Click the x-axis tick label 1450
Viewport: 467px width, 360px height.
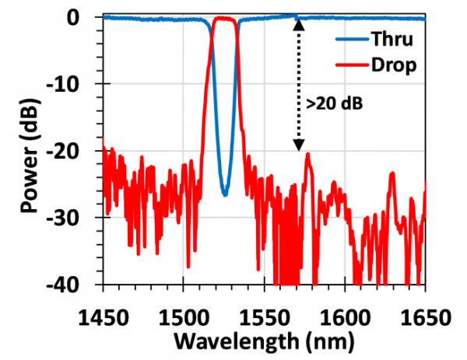(x=103, y=309)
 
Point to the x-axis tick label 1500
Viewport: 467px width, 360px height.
(x=184, y=309)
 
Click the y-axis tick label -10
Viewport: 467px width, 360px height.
(x=72, y=84)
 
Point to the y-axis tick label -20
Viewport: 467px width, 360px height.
(x=72, y=151)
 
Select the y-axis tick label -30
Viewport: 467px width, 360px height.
(x=72, y=218)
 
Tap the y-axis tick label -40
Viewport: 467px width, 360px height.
(x=72, y=285)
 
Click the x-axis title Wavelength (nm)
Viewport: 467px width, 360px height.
(x=265, y=339)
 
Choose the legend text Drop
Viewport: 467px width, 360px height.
(x=398, y=65)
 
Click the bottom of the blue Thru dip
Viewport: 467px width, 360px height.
(x=224, y=194)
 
